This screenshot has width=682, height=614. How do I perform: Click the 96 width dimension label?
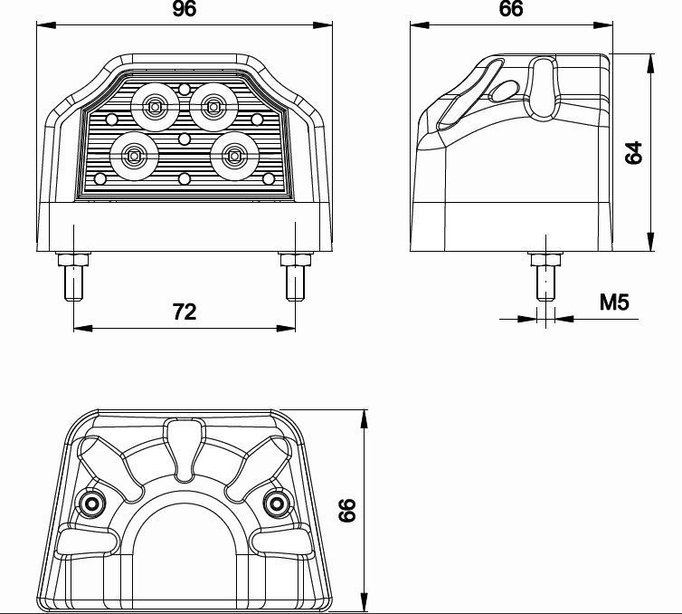(185, 9)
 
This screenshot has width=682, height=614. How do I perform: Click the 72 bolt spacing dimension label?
(185, 312)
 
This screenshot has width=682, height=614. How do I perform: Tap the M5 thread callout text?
(614, 302)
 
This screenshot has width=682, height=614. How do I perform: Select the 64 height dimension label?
(633, 152)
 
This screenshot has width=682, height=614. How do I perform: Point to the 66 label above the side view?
(511, 9)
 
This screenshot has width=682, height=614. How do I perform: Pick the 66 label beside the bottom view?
(346, 511)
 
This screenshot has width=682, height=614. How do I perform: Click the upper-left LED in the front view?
(155, 106)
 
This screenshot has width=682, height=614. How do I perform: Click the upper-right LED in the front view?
(213, 106)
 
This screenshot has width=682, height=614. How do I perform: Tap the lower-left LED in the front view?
(134, 156)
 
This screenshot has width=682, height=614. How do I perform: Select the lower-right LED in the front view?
(234, 156)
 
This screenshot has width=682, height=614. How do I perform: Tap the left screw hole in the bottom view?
(91, 504)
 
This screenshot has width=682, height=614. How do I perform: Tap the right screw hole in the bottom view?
(276, 504)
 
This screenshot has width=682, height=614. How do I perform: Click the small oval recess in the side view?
(504, 91)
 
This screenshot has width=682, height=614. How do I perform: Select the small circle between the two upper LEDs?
(185, 90)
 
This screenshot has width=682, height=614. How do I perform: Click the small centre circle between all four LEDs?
(185, 139)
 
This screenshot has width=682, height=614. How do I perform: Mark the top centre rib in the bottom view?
(185, 448)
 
